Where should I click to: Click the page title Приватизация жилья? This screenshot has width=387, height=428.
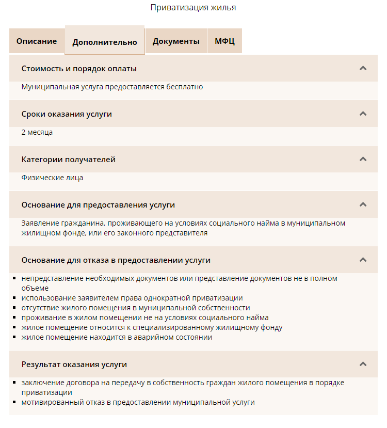coord(193,8)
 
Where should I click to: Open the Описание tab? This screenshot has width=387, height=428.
coord(37,41)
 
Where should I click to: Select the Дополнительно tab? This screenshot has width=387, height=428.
coord(105,42)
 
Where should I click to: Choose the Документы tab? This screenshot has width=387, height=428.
coord(176,41)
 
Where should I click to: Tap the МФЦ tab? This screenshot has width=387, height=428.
coord(224,41)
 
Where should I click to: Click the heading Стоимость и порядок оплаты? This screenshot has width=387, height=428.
coord(79,69)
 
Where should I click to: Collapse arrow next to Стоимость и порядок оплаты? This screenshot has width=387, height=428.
coord(363,68)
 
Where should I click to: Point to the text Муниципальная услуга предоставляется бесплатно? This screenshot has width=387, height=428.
coord(112,87)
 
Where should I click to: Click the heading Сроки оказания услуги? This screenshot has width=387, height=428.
coord(67,114)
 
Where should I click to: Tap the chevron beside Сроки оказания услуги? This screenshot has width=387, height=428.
coord(363,114)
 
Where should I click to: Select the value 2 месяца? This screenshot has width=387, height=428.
coord(37,132)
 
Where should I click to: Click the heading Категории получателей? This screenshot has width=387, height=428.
coord(69,160)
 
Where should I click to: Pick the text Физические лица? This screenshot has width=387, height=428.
coord(52,178)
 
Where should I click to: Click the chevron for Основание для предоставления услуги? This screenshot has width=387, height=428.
coord(363,204)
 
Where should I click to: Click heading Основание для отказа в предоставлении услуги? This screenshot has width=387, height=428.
coord(116,260)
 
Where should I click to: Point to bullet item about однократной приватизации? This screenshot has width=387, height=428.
coord(132,298)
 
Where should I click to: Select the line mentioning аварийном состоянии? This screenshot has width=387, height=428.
coord(117,337)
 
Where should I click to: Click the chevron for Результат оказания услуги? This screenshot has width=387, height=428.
coord(363,364)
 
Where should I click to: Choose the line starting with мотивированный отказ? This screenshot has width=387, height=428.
coord(138,402)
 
